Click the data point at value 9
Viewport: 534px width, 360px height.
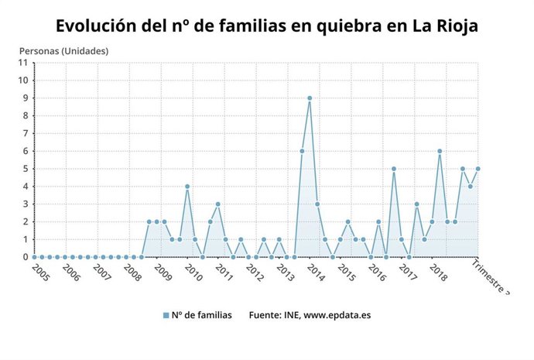310,98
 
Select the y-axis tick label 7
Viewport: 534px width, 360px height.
26,133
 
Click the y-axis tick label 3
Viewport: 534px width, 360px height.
26,204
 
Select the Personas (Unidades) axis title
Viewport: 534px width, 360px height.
63,51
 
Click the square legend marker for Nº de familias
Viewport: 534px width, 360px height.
166,315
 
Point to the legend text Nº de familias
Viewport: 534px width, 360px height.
202,315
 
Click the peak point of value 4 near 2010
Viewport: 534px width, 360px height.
187,187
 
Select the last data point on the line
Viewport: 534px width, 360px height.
478,169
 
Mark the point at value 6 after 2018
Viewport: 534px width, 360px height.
440,151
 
